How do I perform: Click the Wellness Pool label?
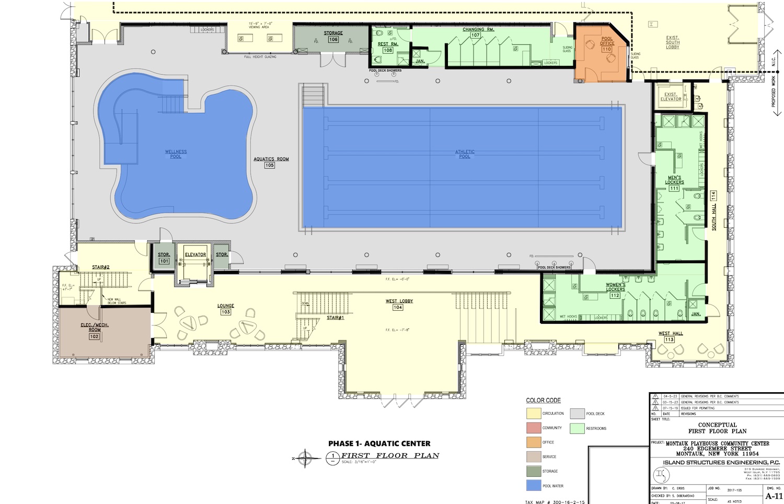pos(176,154)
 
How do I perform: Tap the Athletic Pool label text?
pos(464,154)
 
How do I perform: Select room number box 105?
pos(269,165)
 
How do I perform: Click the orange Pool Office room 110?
pos(601,55)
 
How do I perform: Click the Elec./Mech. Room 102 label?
pos(94,330)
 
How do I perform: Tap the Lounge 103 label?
pos(226,309)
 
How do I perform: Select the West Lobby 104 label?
pos(398,304)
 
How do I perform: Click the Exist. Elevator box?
pos(671,97)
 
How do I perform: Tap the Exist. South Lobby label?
pos(672,42)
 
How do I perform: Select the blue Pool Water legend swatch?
pos(533,485)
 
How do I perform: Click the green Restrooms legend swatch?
pos(577,428)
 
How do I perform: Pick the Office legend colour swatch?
pos(533,442)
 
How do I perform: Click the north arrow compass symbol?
pos(308,459)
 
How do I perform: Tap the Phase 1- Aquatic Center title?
pos(379,443)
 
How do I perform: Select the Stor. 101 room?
pos(164,257)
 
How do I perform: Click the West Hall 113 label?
pos(670,336)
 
